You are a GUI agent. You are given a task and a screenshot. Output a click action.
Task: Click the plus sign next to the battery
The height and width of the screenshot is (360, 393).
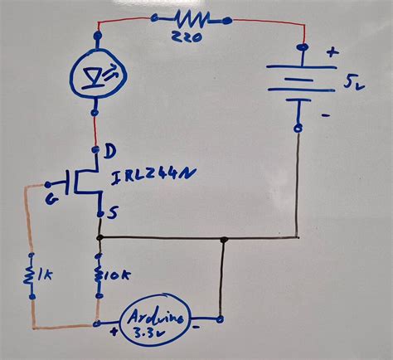coord(333,51)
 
